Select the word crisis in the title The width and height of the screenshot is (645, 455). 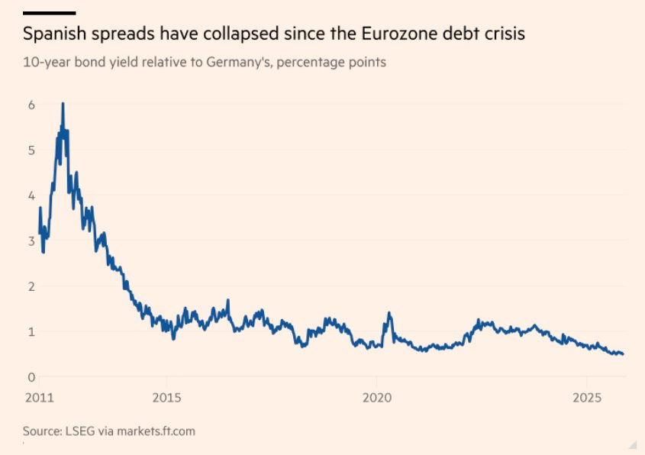click(x=503, y=35)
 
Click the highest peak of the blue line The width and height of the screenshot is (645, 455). click(x=63, y=104)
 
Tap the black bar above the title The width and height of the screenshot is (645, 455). click(x=49, y=13)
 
